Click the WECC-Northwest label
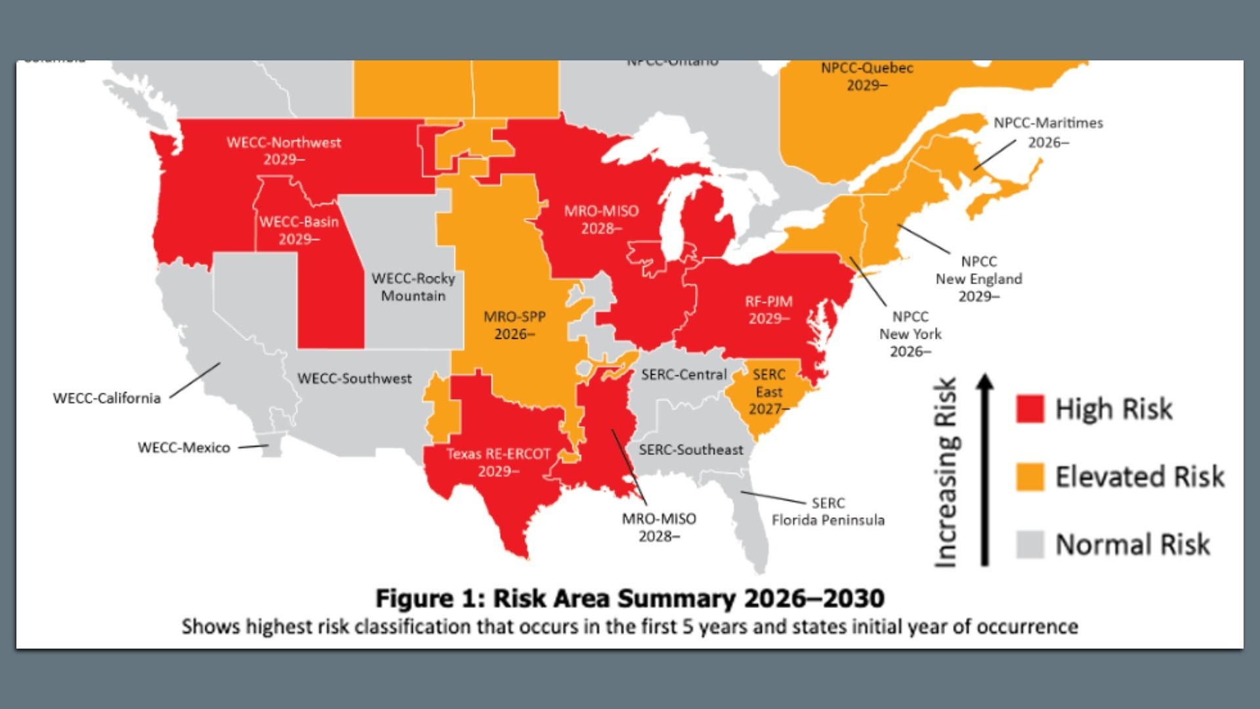[283, 150]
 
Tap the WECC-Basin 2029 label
[299, 230]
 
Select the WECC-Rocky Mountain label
[413, 287]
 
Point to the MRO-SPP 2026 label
[514, 325]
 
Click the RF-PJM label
[768, 310]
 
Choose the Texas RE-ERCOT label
[498, 462]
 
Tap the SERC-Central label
[684, 374]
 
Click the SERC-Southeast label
[691, 450]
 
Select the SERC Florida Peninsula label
[828, 511]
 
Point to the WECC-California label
[107, 398]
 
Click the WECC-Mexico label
[184, 447]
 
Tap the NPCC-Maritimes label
[1048, 132]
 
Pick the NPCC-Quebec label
[867, 76]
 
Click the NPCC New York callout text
[910, 333]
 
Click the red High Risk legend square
[1030, 408]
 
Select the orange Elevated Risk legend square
[1030, 477]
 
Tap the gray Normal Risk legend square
[1030, 544]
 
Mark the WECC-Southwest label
[354, 378]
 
